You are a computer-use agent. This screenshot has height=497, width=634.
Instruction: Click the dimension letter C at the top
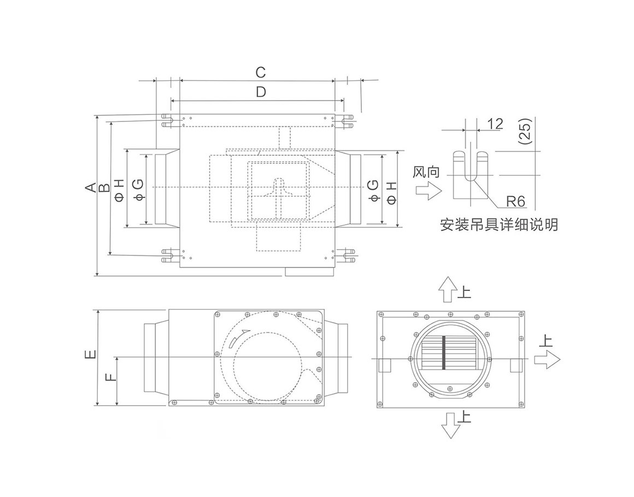click(261, 72)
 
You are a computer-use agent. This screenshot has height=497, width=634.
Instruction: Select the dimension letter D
click(261, 92)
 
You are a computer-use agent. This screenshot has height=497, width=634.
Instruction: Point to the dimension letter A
click(91, 187)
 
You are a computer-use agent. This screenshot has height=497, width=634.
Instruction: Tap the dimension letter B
click(104, 187)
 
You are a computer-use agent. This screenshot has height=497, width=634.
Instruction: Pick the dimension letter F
click(111, 377)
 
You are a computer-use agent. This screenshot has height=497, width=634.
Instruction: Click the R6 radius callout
click(515, 201)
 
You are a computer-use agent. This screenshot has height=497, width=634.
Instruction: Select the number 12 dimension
click(495, 124)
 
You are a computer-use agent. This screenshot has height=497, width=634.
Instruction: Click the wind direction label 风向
click(426, 172)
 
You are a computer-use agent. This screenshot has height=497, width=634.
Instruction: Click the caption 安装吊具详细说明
click(499, 225)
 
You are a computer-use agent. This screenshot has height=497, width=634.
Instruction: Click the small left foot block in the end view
click(385, 365)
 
